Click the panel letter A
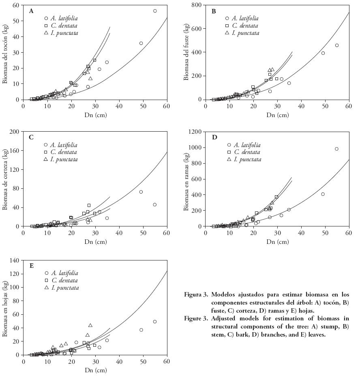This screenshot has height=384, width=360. (31, 11)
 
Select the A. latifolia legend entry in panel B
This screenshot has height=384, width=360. (245, 18)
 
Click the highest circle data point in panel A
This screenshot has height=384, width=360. (155, 11)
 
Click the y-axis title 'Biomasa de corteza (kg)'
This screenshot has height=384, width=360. (5, 179)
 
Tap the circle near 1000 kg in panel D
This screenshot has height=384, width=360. (336, 149)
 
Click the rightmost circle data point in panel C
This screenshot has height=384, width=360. (154, 205)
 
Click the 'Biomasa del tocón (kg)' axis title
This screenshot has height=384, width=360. (5, 52)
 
